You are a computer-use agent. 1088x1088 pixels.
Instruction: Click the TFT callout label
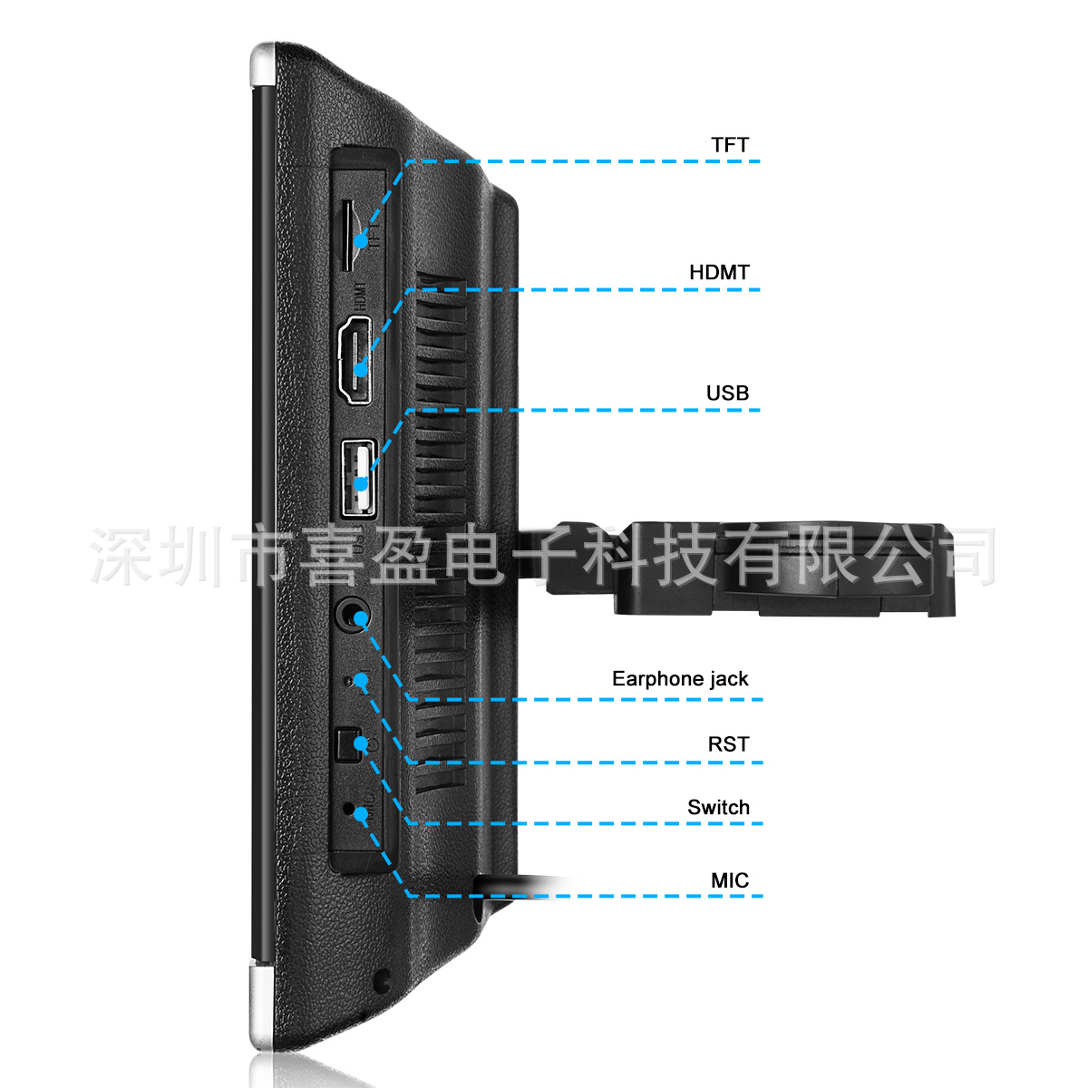click(730, 145)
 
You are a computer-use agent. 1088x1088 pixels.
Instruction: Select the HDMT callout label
click(719, 272)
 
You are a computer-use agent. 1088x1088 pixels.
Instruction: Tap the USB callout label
click(727, 393)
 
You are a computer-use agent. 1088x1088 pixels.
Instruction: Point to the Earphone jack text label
click(680, 679)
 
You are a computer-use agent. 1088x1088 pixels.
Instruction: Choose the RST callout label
click(728, 744)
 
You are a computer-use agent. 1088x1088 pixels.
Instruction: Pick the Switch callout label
click(718, 808)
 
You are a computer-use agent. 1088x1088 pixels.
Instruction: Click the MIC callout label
click(730, 880)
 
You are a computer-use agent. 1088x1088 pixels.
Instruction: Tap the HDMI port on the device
click(355, 361)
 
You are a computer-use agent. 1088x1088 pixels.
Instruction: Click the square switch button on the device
click(345, 745)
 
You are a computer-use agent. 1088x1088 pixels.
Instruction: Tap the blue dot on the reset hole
click(362, 679)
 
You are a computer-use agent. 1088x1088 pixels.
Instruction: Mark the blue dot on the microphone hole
click(361, 813)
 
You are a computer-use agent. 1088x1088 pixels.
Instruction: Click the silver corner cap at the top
click(262, 63)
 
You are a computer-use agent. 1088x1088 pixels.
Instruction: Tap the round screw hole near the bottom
click(382, 979)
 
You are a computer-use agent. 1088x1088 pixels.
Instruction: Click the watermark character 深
click(121, 555)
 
